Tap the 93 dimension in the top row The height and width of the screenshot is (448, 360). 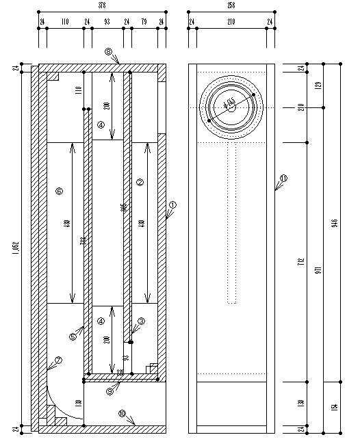107,23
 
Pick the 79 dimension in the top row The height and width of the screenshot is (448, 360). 144,23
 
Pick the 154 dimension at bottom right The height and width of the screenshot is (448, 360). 335,408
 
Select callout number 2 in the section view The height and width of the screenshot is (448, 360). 140,182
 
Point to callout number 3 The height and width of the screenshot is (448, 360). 141,320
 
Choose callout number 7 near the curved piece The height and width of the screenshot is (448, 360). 57,360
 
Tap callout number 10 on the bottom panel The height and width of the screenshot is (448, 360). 122,414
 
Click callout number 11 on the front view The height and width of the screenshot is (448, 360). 284,178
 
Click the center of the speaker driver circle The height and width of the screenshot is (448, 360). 231,106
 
